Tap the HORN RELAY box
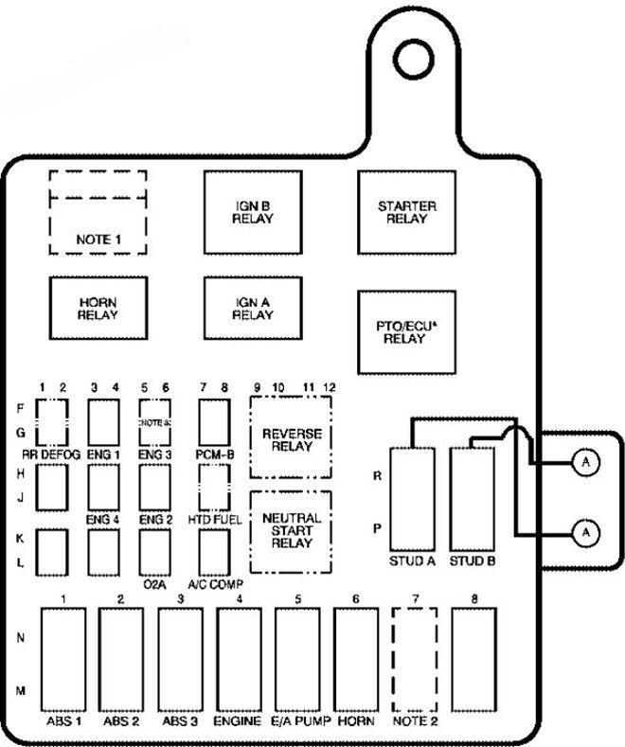tap(98, 308)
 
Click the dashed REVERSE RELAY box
tap(291, 439)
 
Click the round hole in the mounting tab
tap(413, 53)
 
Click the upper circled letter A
tap(587, 462)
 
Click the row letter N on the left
tap(21, 638)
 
